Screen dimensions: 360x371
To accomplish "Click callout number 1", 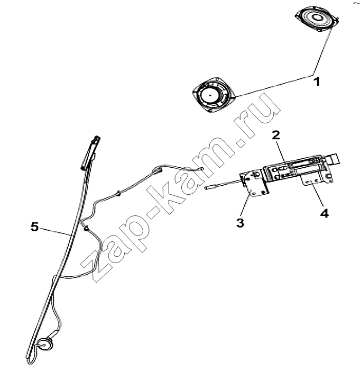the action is tap(317, 82).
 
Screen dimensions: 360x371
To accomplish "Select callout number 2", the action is tap(275, 135).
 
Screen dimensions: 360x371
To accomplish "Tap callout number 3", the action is tap(240, 223).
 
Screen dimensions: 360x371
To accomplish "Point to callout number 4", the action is tap(325, 213).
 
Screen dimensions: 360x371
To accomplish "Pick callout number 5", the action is tap(34, 227).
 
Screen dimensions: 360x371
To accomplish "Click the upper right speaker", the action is tap(317, 20).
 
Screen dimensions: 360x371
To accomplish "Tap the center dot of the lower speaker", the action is tap(210, 96).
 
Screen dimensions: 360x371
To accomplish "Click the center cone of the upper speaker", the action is tap(317, 17).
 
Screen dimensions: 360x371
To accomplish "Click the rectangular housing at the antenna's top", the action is tap(90, 152).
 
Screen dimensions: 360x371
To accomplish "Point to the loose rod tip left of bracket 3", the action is tap(208, 188).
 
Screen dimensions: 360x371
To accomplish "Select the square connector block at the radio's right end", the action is tap(333, 159).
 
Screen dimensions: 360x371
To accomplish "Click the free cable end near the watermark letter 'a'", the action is tap(201, 168).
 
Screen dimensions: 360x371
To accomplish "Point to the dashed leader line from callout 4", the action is tap(317, 196).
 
